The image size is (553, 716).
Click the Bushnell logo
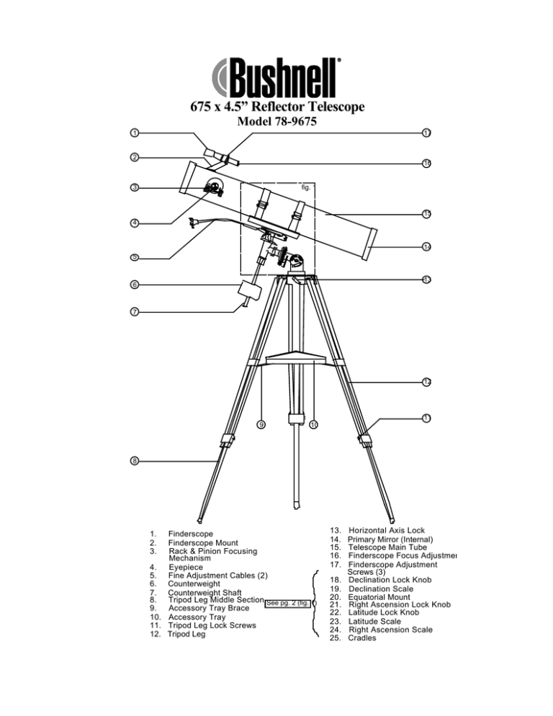point(276,73)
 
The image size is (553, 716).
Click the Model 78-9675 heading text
point(276,122)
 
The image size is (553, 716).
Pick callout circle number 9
point(261,424)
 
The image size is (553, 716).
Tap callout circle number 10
point(313,424)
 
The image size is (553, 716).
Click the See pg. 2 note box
point(289,603)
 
